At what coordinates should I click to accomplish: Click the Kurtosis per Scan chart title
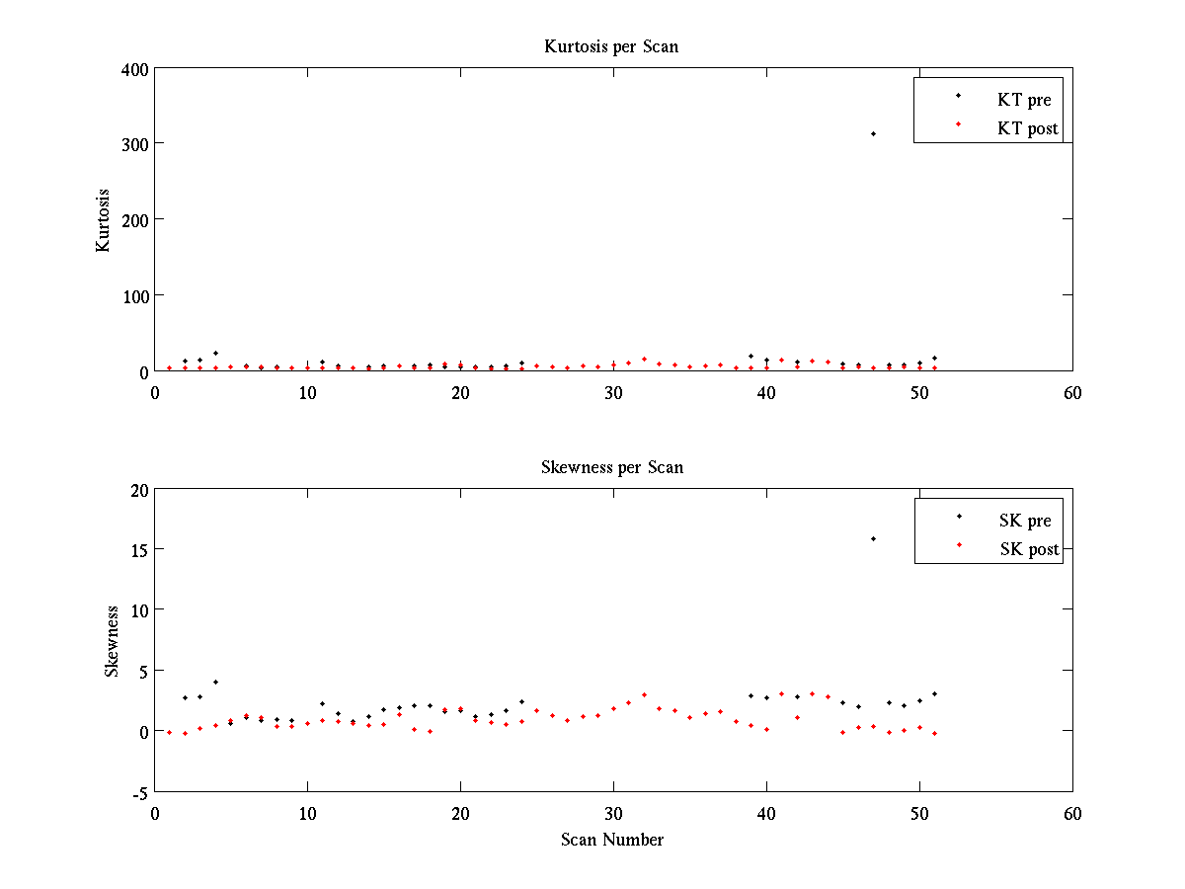click(x=611, y=46)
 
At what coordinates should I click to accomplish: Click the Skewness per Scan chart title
click(x=611, y=467)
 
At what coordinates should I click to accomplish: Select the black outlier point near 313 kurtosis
click(x=873, y=133)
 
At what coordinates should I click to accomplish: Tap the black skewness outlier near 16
click(x=873, y=538)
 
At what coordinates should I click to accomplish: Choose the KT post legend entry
click(x=1027, y=127)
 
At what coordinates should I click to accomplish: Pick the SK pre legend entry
click(x=1025, y=521)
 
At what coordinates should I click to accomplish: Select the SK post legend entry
click(x=1028, y=549)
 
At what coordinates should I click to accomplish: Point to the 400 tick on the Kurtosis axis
click(x=136, y=69)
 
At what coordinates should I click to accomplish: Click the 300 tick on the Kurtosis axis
click(x=136, y=144)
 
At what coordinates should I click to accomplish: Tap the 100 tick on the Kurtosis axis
click(x=136, y=295)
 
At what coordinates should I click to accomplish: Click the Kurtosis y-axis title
click(x=103, y=220)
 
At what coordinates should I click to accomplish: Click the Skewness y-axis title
click(x=113, y=641)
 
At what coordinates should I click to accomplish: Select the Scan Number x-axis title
click(x=611, y=841)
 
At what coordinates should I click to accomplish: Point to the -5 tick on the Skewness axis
click(x=140, y=792)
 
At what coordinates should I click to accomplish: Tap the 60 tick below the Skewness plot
click(x=1072, y=813)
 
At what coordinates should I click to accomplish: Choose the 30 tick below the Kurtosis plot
click(x=613, y=392)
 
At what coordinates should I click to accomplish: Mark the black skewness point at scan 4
click(x=215, y=682)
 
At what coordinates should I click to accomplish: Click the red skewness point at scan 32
click(x=644, y=694)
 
